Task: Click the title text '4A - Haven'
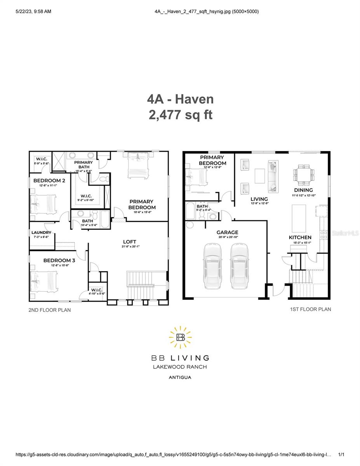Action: tap(180, 99)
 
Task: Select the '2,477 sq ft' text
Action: tap(180, 115)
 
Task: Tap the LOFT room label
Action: tap(130, 242)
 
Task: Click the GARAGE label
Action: tap(227, 232)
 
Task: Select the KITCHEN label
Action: tap(300, 237)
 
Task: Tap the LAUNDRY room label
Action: tap(41, 233)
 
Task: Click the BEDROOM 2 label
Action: tap(49, 181)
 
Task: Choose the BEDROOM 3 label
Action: tap(59, 260)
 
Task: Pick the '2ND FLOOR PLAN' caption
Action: tap(50, 310)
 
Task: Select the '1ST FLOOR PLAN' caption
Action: tap(310, 309)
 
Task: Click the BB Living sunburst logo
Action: tap(180, 337)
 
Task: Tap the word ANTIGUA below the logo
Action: tap(180, 377)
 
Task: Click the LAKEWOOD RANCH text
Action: tap(180, 367)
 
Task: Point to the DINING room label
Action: tap(303, 190)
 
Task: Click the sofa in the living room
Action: tap(273, 177)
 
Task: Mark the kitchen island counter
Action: tap(299, 217)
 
